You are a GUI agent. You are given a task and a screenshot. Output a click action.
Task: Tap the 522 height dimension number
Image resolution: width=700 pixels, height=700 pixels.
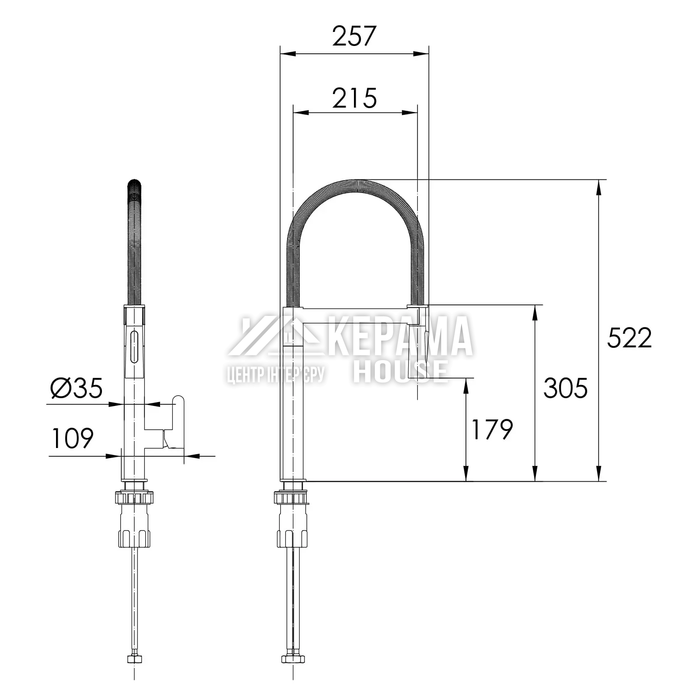[629, 338]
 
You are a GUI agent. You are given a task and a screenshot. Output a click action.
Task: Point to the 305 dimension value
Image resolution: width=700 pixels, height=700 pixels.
[565, 388]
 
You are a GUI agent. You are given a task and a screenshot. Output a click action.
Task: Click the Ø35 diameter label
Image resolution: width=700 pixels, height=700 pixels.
[77, 388]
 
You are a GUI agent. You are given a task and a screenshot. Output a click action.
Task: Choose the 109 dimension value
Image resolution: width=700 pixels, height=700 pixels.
[73, 438]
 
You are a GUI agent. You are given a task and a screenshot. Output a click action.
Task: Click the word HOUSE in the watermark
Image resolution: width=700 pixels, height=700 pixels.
[401, 371]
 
